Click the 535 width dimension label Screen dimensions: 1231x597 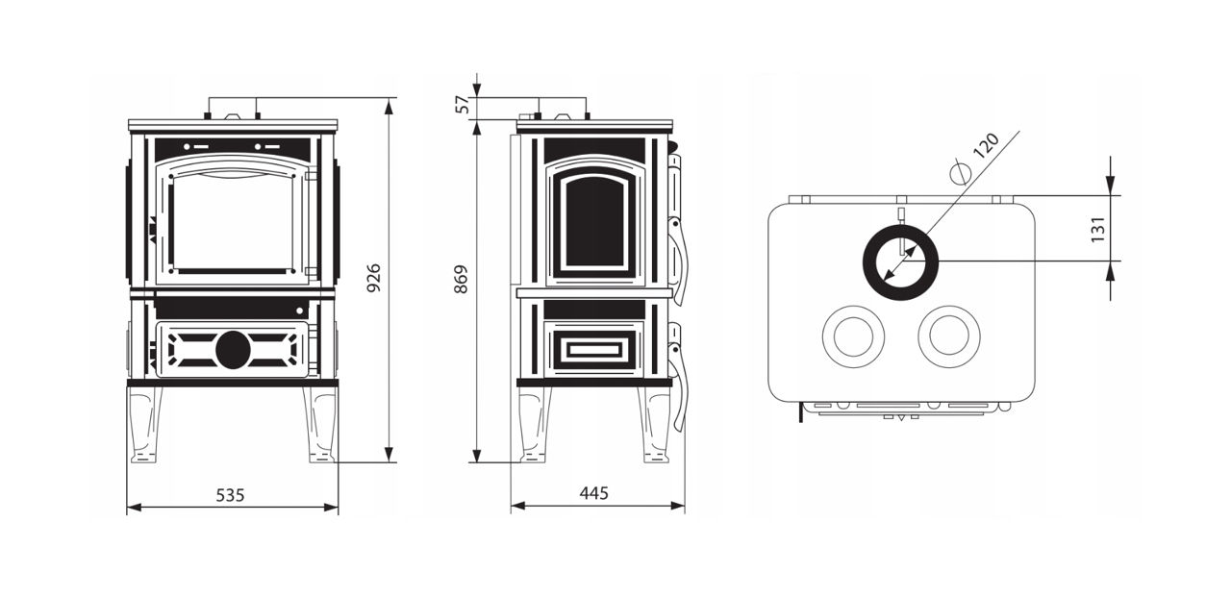tap(230, 495)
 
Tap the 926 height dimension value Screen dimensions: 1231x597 tap(374, 278)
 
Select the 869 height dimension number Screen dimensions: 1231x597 tap(461, 279)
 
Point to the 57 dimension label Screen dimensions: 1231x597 tap(465, 105)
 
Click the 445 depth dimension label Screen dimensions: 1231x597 tap(594, 493)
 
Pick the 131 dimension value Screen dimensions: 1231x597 tap(1098, 230)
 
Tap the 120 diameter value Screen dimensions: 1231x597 tap(986, 145)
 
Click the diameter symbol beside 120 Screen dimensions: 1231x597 tap(960, 172)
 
